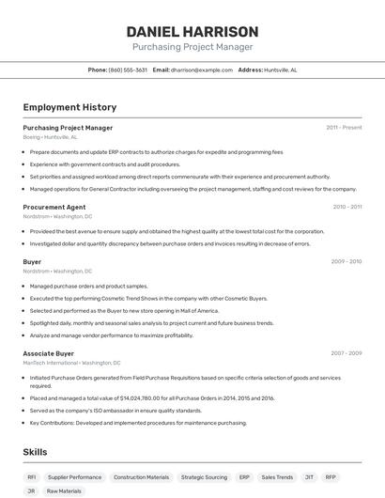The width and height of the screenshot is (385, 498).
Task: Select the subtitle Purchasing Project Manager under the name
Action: click(192, 46)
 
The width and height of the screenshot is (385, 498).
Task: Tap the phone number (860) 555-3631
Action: click(128, 70)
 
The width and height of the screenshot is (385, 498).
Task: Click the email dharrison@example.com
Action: click(201, 70)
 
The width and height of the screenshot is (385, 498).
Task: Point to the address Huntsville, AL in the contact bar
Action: click(281, 70)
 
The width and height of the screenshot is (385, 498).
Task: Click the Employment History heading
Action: click(69, 107)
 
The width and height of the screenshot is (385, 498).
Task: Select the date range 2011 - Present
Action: click(344, 128)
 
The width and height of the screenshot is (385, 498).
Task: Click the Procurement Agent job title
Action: click(54, 207)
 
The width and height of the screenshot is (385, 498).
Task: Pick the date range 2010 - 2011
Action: click(346, 207)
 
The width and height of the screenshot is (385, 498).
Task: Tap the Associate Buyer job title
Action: click(50, 353)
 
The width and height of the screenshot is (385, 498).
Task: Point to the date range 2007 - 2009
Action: click(346, 353)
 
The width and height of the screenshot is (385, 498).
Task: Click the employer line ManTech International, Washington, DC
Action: click(71, 363)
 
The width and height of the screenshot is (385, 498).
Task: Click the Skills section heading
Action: click(36, 452)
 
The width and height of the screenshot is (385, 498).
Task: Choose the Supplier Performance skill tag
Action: click(74, 476)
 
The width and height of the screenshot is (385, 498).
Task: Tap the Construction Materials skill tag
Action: click(141, 476)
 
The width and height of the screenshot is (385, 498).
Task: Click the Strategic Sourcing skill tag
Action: click(204, 476)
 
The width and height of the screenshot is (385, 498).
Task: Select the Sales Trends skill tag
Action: click(277, 476)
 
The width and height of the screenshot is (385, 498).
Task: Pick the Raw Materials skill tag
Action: click(65, 490)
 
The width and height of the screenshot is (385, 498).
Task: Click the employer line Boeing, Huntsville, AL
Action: click(51, 137)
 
